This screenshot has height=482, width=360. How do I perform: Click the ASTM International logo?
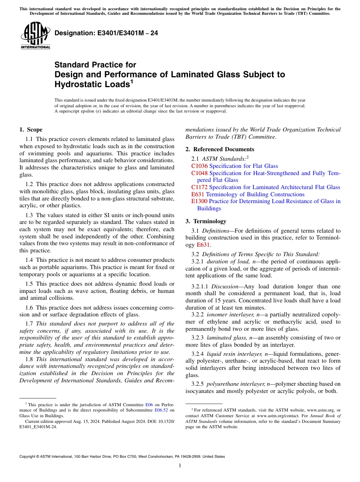[x=35, y=36]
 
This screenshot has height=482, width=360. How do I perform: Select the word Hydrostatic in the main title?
[x=78, y=84]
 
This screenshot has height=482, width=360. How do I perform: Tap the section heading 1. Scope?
[x=31, y=130]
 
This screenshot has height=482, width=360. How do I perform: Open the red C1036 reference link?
[x=199, y=166]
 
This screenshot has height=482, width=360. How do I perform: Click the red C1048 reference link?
[x=199, y=173]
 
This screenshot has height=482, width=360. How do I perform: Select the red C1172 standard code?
[x=199, y=187]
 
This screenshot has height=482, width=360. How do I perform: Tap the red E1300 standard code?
[x=199, y=201]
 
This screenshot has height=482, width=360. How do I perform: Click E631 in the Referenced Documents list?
[x=198, y=194]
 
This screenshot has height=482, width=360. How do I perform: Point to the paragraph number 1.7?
[x=29, y=324]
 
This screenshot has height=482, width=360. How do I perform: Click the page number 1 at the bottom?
[x=180, y=466]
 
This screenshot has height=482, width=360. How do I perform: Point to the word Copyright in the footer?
[x=28, y=457]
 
